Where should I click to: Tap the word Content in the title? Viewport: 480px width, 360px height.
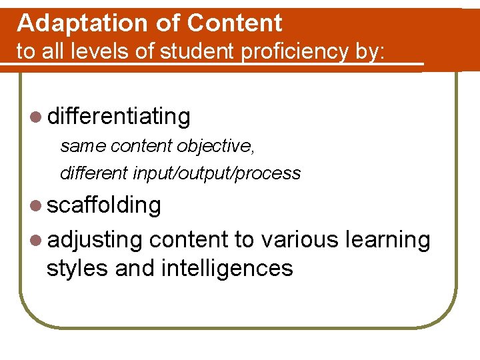[x=235, y=23]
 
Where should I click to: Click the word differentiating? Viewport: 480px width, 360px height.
[x=119, y=117]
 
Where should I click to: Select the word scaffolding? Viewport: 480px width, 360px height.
[x=104, y=205]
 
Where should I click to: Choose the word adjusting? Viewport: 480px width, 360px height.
[x=95, y=239]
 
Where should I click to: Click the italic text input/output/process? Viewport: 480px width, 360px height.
[x=217, y=173]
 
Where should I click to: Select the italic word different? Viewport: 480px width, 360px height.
[x=94, y=173]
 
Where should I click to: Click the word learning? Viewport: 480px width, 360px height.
[x=388, y=239]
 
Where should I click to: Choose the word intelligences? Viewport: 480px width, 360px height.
[x=227, y=268]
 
